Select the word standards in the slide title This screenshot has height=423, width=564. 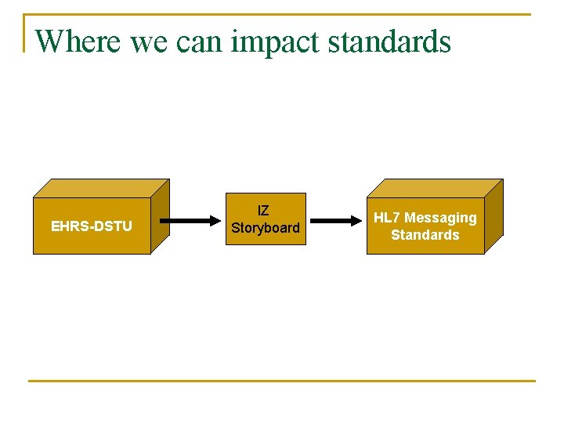[x=389, y=41]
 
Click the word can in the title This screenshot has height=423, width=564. [x=200, y=42]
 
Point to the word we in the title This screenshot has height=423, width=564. [x=149, y=42]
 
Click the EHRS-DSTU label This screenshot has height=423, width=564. [x=92, y=226]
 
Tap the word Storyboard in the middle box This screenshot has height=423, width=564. [x=266, y=228]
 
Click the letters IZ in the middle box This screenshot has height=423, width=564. [x=263, y=211]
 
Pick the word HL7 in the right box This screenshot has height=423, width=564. [x=387, y=218]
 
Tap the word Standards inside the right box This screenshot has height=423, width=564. [x=425, y=235]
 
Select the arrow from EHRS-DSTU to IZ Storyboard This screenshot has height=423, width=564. [x=192, y=221]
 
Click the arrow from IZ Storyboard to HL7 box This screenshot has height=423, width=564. [x=333, y=221]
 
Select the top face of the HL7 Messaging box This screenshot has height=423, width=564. [x=435, y=187]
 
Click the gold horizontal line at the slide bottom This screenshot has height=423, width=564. [x=282, y=381]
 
